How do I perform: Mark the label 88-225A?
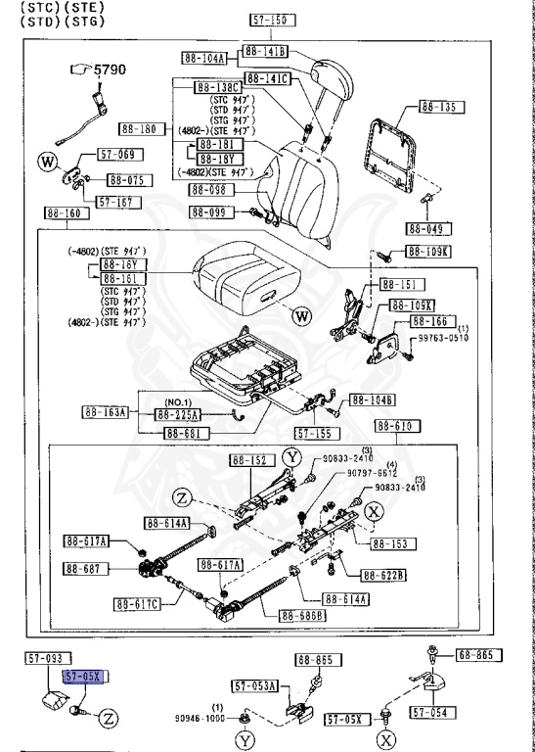pyautogui.click(x=178, y=414)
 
